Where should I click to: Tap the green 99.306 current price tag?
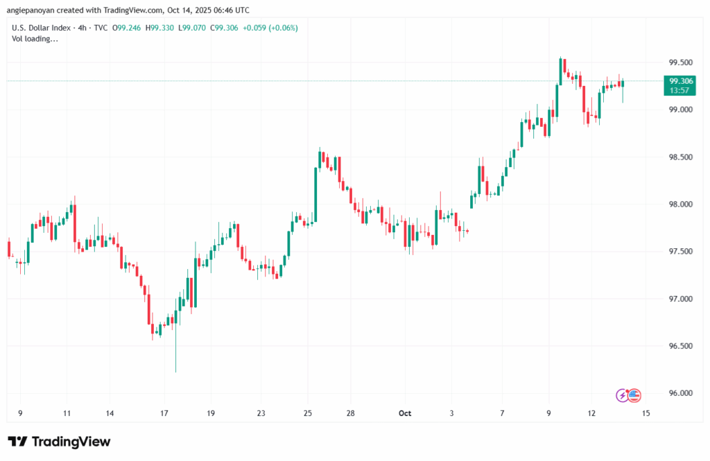[679, 81]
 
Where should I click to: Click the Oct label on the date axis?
[405, 413]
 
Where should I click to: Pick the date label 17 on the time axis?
[164, 413]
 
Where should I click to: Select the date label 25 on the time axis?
[309, 413]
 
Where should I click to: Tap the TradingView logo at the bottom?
[59, 442]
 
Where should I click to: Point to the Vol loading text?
[35, 39]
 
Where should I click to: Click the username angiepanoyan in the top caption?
[43, 9]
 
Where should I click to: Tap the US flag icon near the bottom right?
[634, 395]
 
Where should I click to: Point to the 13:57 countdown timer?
[679, 90]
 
